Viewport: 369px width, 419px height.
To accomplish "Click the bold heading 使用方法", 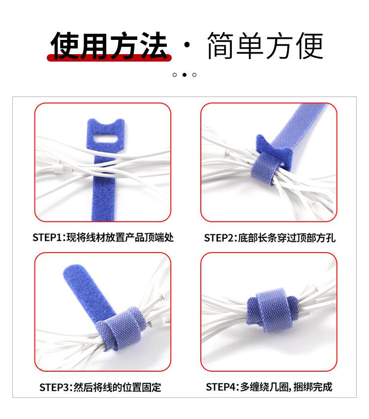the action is tap(109, 45).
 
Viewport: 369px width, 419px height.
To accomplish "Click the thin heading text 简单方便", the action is tap(265, 45).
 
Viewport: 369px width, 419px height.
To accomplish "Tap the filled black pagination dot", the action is tap(184, 75).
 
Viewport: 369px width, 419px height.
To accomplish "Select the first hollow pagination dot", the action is tap(175, 75).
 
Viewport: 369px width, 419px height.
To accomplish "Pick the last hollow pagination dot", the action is tap(194, 75).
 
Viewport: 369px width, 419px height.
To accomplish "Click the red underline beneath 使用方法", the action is tap(109, 58).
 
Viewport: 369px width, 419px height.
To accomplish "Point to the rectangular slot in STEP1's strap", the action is tap(105, 139).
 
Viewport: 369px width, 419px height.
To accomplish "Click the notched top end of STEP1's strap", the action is tap(106, 124).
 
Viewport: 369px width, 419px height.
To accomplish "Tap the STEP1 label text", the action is tap(103, 237).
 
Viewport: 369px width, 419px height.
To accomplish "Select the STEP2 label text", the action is tap(270, 238).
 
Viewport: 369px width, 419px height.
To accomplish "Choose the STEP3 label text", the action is tap(100, 387).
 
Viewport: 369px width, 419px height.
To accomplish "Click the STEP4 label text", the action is tap(269, 387).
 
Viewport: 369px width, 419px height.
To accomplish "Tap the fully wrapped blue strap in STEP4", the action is tap(272, 310).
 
